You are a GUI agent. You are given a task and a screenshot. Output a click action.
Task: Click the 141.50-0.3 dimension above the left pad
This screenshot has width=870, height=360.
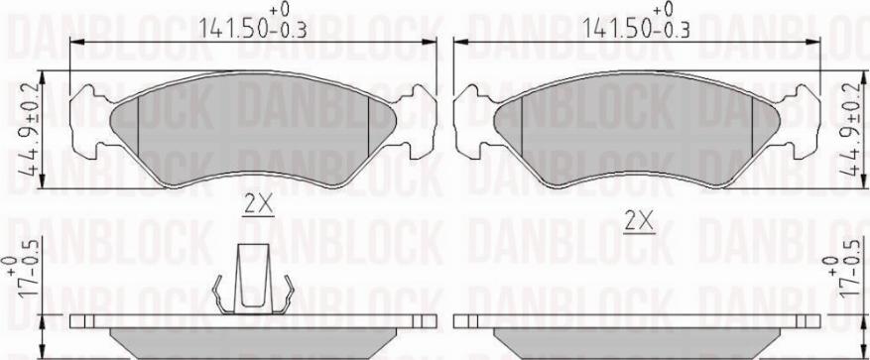(252, 22)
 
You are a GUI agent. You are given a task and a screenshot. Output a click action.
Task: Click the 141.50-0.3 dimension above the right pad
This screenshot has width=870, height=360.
(636, 22)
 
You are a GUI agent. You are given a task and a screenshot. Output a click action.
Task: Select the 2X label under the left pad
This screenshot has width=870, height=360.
(259, 206)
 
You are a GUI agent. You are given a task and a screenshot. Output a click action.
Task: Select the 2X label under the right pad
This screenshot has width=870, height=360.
(639, 222)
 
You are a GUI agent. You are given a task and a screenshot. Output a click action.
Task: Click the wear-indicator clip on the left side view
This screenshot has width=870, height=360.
(253, 280)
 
